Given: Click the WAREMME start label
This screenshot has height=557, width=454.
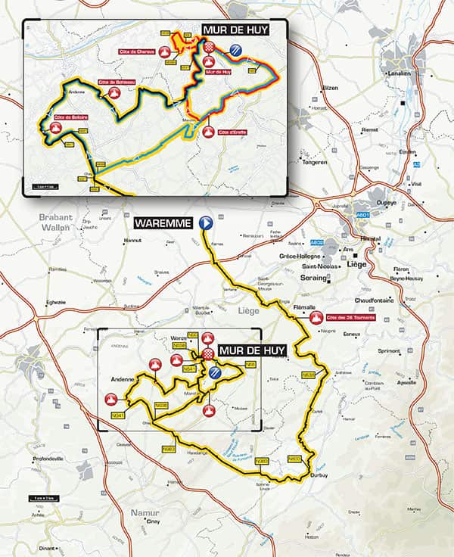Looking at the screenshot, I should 165,224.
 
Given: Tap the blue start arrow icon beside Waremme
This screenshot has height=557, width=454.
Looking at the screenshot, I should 204,223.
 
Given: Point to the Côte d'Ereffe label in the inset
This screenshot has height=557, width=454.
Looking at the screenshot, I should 231,132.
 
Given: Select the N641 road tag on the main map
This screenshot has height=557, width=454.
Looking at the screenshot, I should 117,415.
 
